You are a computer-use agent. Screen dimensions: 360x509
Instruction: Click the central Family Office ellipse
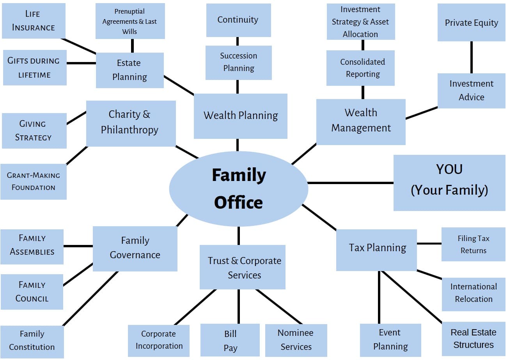(238, 189)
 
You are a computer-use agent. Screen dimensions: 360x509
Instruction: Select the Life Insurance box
(34, 21)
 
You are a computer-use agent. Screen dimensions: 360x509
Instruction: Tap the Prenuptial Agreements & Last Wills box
(130, 21)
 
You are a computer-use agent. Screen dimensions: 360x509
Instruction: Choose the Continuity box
(238, 20)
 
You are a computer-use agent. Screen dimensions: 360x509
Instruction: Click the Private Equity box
(471, 23)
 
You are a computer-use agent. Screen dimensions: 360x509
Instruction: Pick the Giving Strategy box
(34, 131)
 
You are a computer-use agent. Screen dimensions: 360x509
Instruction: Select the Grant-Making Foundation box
(34, 181)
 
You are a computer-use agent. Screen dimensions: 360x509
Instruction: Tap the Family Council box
(32, 292)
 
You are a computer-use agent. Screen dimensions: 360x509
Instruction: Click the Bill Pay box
(230, 340)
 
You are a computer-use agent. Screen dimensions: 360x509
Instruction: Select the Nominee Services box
(296, 340)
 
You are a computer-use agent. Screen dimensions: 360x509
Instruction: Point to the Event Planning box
(390, 340)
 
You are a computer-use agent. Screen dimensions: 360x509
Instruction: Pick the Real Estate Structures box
(474, 339)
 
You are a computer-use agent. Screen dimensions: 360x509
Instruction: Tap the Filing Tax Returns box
(473, 245)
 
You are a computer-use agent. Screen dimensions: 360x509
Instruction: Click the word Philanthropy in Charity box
(129, 130)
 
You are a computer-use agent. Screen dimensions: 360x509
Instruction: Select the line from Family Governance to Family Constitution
(90, 298)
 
